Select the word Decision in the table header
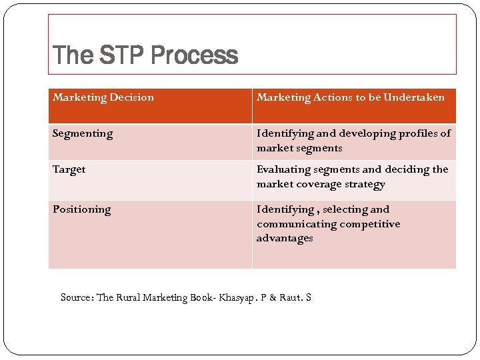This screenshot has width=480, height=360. point(133,97)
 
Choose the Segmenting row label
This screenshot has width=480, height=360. point(83,133)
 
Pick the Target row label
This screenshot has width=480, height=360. point(69,169)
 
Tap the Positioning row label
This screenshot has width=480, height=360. point(82,209)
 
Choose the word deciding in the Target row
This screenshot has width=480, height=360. point(407,169)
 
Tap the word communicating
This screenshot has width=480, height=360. point(297,224)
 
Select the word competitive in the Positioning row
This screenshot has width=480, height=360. point(369,224)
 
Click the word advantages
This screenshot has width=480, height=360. point(285,238)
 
